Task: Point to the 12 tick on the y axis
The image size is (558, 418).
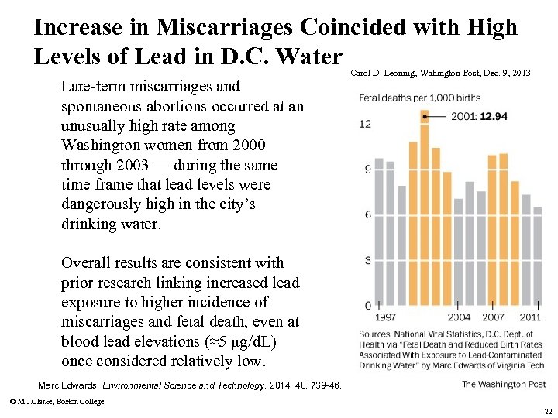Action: [366, 124]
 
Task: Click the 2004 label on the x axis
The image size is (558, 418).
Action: [459, 317]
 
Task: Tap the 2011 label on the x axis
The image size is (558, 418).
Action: [530, 317]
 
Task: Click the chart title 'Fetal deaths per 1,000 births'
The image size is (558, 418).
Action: [419, 98]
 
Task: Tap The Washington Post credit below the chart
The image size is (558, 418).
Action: [503, 384]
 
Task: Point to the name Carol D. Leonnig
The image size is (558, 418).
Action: [384, 74]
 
